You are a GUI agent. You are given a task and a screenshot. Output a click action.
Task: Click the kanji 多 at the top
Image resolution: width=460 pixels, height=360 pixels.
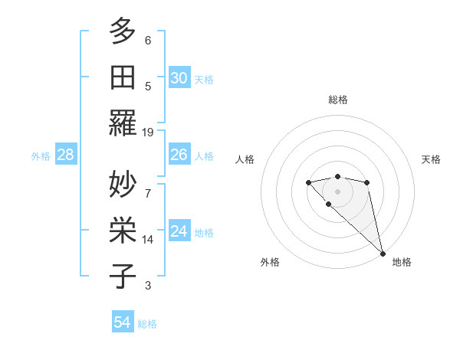123,31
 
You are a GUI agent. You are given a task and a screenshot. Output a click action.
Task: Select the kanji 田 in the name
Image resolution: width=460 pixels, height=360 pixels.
123,77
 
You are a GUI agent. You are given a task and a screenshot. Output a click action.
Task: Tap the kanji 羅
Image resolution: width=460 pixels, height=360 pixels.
123,123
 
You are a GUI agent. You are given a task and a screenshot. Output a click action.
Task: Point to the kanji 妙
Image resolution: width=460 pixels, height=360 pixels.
123,184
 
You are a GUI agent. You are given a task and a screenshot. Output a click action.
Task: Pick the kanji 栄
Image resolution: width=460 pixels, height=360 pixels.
123,230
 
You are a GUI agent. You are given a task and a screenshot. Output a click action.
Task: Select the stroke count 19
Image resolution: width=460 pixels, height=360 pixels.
148,132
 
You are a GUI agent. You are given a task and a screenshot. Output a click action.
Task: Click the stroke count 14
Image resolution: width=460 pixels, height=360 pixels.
148,239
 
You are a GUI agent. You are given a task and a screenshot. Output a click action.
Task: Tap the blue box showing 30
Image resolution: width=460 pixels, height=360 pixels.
179,78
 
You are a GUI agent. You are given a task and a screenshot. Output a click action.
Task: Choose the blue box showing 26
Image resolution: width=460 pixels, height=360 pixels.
179,155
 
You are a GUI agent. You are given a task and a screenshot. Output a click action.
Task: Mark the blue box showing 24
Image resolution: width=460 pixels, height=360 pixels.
179,231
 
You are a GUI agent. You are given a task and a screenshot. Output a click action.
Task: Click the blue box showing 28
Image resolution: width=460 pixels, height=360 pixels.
65,155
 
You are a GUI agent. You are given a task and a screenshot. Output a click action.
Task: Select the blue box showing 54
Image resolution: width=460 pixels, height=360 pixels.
123,322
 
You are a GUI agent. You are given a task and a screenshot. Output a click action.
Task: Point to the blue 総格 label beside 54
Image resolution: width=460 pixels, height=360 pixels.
147,324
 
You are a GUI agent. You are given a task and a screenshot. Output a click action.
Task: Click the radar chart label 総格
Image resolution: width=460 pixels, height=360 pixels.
338,100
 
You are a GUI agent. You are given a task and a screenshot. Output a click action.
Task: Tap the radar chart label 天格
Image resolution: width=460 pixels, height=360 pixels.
432,159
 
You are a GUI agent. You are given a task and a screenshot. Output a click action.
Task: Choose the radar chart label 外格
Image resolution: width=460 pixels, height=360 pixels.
270,263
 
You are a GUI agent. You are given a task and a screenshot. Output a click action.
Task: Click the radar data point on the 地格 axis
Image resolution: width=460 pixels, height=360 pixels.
383,253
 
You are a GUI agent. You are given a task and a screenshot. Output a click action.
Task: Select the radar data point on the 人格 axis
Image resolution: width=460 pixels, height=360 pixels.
308,182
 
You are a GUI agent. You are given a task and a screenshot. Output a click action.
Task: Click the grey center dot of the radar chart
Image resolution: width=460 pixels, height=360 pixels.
337,191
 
